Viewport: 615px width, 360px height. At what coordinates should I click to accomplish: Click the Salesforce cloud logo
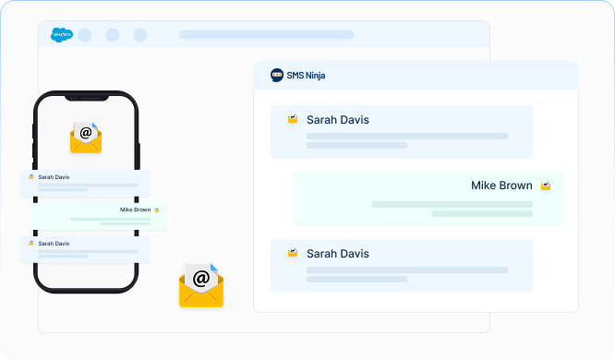63,35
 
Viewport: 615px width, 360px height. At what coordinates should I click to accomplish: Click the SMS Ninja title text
306,76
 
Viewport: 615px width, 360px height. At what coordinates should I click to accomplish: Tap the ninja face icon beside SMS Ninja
277,76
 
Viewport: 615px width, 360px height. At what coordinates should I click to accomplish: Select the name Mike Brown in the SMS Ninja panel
501,186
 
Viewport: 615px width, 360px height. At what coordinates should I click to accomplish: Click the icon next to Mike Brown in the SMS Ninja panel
546,186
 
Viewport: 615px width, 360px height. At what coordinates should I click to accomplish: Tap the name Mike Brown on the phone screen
135,210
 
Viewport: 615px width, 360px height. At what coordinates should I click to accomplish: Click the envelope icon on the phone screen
86,137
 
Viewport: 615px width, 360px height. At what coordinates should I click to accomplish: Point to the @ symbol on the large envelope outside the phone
201,277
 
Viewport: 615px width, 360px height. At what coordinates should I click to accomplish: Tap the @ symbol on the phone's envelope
86,133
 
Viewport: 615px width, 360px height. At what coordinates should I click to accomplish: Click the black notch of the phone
86,97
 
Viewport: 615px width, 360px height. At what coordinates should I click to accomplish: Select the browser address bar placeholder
266,35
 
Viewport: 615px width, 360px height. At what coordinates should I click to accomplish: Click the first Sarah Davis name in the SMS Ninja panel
338,120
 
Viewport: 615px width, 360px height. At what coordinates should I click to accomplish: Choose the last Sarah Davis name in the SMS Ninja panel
338,254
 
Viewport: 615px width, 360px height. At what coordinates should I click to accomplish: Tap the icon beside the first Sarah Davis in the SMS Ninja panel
293,120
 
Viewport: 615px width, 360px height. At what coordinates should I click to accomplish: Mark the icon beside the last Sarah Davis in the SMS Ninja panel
293,253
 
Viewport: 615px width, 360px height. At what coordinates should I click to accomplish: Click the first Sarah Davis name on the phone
54,176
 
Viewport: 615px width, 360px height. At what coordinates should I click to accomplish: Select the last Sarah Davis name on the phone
54,244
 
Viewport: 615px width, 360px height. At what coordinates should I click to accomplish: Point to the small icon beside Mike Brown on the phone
157,210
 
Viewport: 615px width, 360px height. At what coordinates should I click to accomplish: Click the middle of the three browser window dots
113,35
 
